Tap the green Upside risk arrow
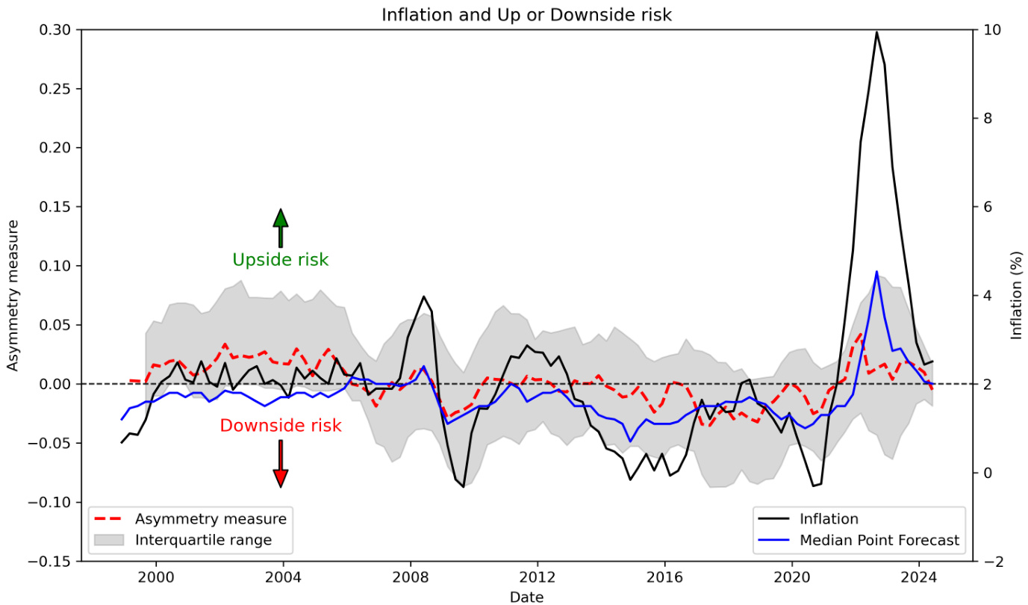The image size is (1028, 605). point(281,227)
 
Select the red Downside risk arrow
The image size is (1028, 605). point(281,464)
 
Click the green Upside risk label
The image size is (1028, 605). point(281,260)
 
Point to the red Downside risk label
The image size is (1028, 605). point(281,426)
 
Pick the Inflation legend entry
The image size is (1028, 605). point(829,519)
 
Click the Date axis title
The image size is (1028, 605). point(526,596)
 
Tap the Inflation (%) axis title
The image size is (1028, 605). point(1017,295)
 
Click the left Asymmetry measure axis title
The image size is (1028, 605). point(13,295)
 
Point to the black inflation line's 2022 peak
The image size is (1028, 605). point(876,32)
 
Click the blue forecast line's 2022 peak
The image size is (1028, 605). point(876,272)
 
